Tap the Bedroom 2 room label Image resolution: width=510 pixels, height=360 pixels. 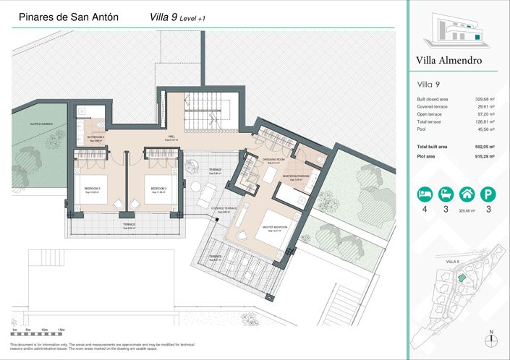[159, 191]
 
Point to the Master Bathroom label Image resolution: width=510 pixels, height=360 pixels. [296, 176]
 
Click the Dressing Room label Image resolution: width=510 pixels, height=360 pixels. [273, 161]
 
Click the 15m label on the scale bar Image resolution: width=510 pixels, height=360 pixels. [62, 330]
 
